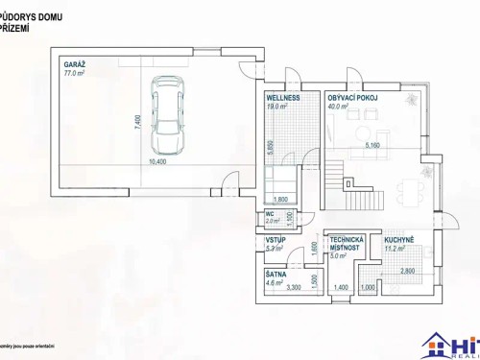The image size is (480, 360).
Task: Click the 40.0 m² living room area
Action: click(338, 108)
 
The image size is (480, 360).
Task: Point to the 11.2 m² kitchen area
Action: click(394, 248)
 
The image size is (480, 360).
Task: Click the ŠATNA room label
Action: click(276, 274)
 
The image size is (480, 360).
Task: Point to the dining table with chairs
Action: click(417, 187)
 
